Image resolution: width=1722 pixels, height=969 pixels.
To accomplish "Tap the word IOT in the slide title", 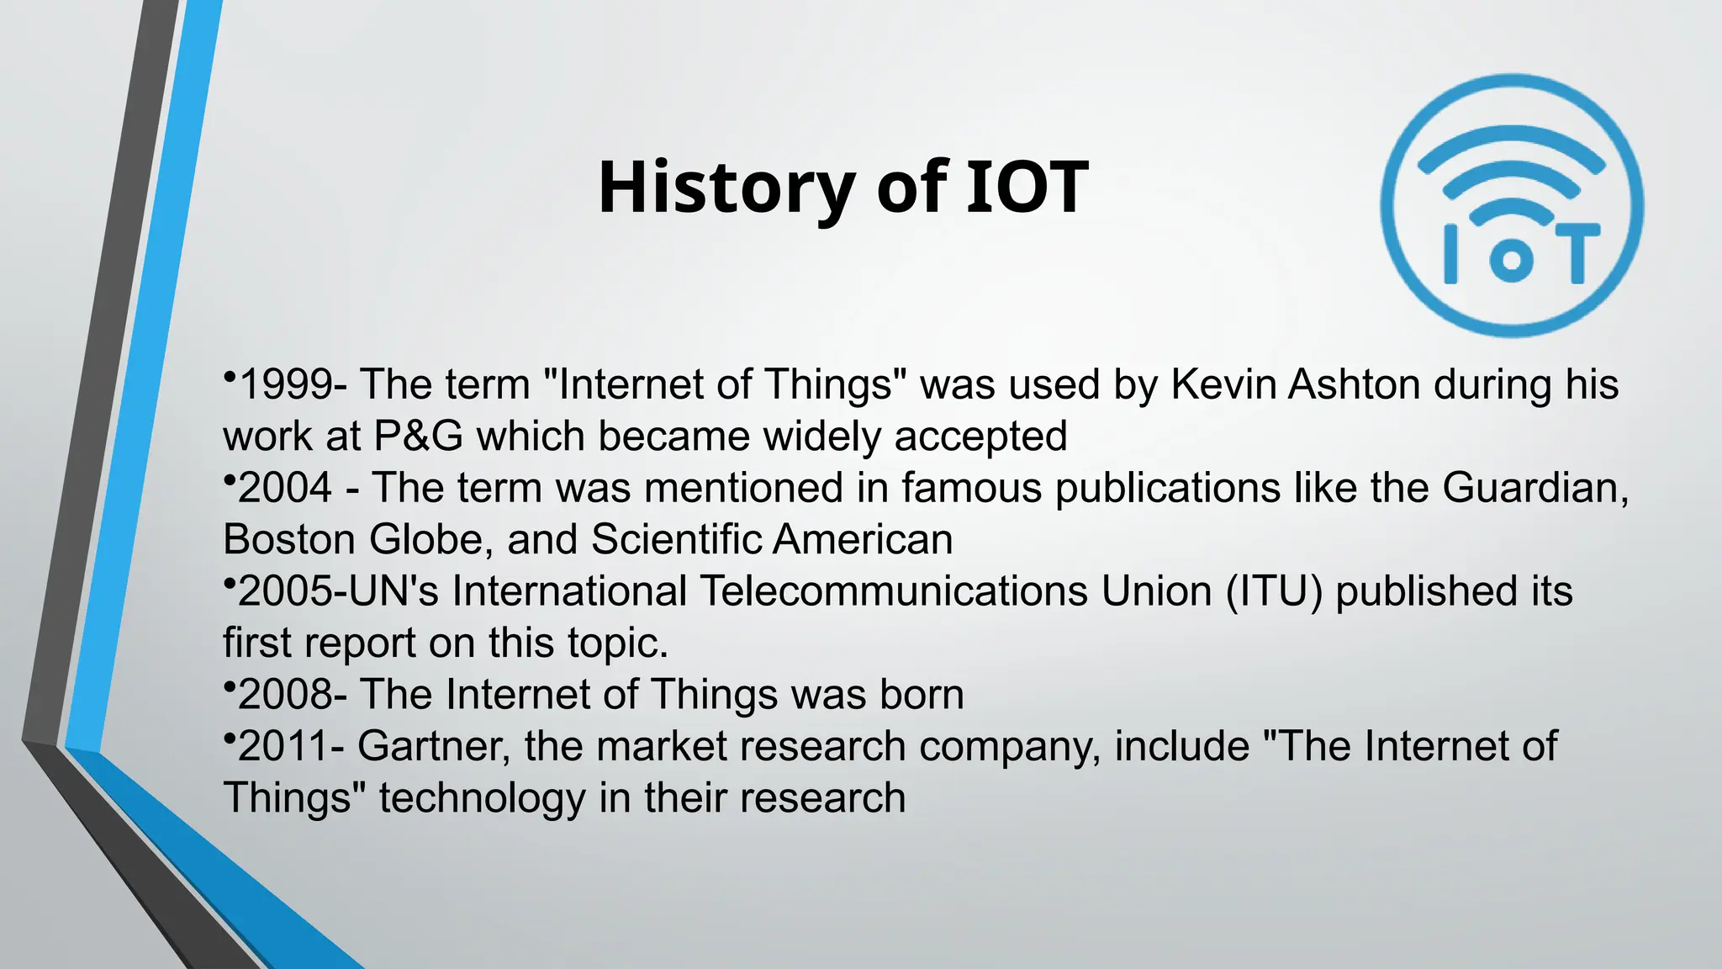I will [1026, 188].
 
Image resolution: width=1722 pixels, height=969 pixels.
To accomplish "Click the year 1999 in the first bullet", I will [286, 385].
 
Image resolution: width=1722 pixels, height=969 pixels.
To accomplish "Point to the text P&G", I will [418, 437].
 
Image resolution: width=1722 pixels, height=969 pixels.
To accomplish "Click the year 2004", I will [285, 489].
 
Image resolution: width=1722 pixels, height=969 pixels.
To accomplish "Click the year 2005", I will [285, 591].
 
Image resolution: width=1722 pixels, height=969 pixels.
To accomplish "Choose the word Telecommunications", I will [895, 591].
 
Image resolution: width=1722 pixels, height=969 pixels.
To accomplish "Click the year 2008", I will [285, 695].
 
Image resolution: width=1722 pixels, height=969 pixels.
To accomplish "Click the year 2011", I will [285, 747].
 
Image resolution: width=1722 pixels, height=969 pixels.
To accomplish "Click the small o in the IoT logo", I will [1512, 259].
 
